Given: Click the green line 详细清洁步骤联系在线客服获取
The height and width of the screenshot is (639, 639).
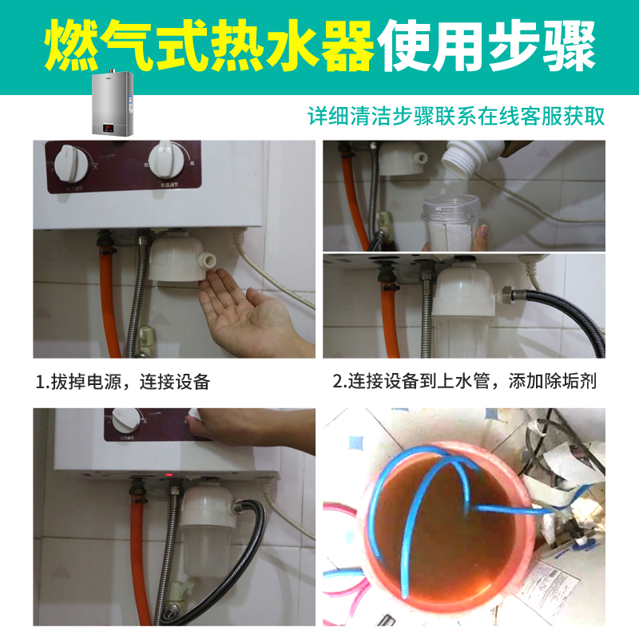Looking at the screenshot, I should pos(456,116).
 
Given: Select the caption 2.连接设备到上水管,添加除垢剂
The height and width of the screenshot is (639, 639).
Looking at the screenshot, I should pos(464,382).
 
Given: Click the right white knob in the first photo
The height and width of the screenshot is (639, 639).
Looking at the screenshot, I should pos(169,161).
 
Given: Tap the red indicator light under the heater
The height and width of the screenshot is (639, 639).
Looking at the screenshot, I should pos(170,477).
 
